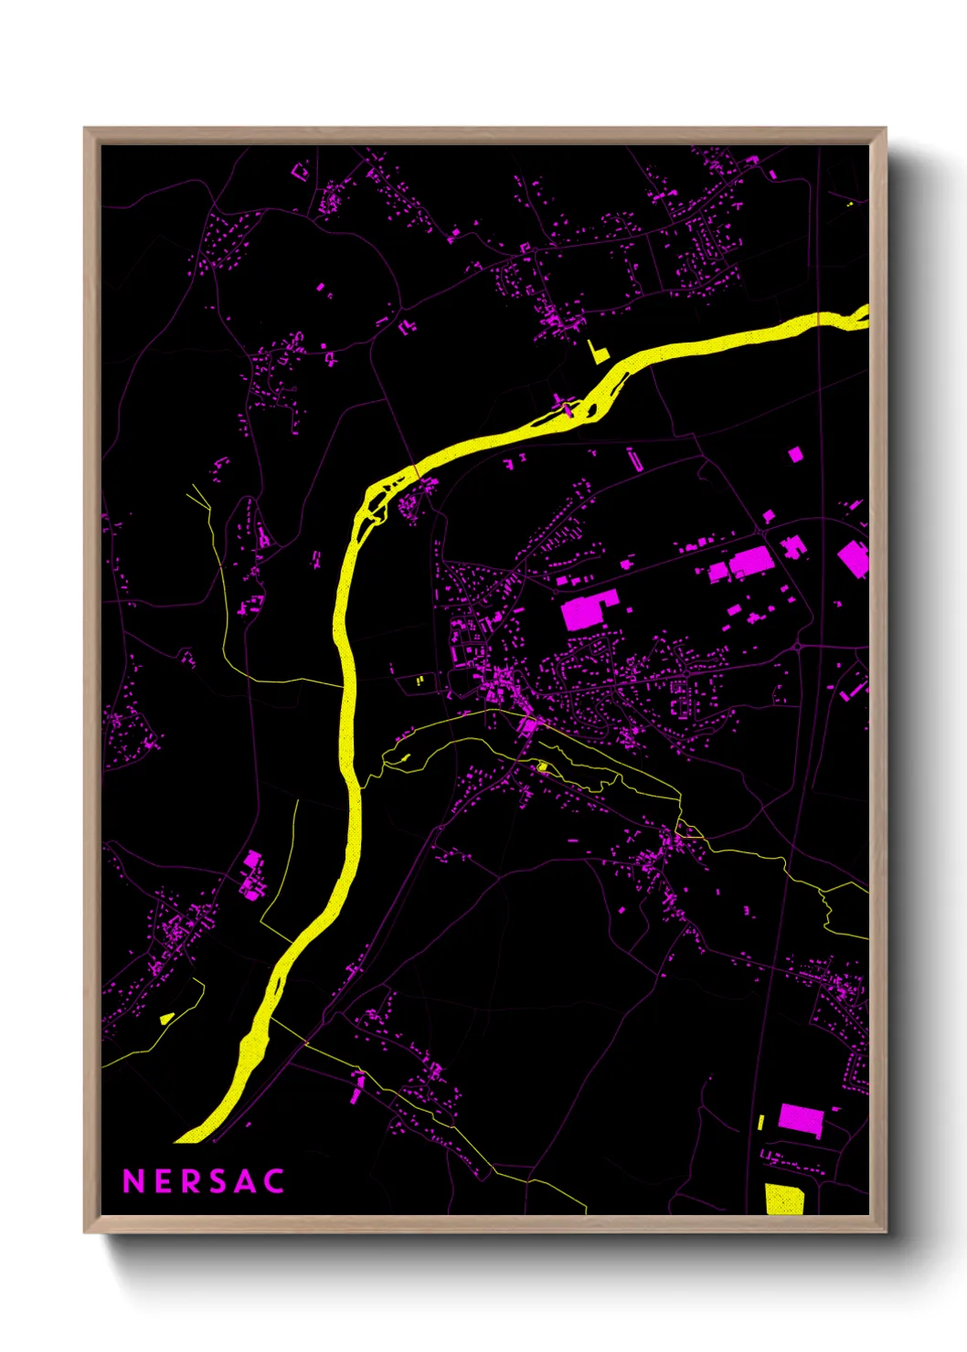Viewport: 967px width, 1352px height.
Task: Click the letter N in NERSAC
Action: coord(133,1181)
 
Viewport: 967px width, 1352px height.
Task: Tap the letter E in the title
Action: coord(164,1181)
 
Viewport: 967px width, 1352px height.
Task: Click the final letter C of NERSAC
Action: coord(274,1181)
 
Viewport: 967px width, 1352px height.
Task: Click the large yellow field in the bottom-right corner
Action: coord(784,1199)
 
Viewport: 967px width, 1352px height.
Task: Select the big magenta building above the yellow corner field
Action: coord(801,1119)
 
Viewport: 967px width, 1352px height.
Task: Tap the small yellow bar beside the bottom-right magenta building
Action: coord(760,1122)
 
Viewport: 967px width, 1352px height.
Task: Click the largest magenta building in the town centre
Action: coord(588,610)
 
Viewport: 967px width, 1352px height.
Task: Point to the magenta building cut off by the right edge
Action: coord(854,558)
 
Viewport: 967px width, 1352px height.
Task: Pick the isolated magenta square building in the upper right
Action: coord(795,453)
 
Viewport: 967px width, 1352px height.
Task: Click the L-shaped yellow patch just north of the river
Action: coord(597,353)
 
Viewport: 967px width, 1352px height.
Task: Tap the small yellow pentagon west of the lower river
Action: coord(166,1019)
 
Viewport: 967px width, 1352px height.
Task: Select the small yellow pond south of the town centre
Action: coord(542,766)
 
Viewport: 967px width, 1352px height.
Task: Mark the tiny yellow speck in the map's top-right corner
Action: coord(850,204)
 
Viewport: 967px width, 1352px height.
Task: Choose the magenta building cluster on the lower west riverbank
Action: coord(251,876)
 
